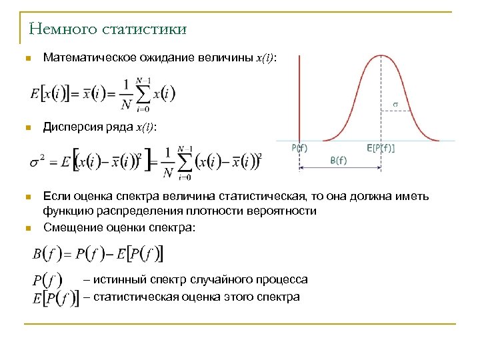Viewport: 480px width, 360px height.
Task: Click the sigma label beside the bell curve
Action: coord(395,104)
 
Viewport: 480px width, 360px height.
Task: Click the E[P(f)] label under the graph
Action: coord(381,148)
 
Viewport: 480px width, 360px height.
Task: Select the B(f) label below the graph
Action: coord(339,160)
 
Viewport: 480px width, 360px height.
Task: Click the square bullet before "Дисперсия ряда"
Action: coord(27,127)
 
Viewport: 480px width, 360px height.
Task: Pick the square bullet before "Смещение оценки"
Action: coord(27,228)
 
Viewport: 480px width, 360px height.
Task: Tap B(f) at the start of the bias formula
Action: coord(47,254)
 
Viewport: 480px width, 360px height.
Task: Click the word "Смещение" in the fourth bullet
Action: coord(69,227)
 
